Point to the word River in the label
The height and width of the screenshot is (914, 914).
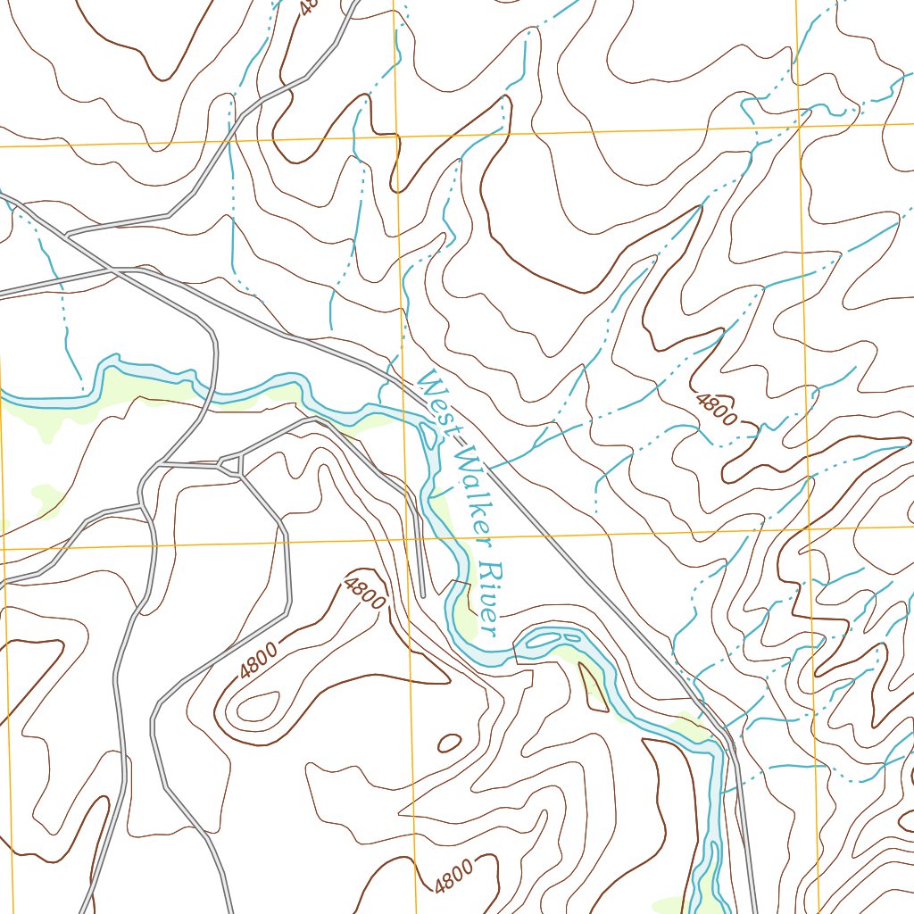[x=489, y=599]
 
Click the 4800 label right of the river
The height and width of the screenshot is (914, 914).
[x=718, y=410]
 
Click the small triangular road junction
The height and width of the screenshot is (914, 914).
[x=230, y=464]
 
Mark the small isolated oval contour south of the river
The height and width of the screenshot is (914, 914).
[x=448, y=742]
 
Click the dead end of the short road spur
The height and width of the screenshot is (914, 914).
[x=422, y=595]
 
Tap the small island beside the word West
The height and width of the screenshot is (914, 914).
[x=429, y=435]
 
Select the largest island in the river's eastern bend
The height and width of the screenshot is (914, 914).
[x=544, y=638]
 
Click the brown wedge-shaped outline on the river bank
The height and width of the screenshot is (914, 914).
[x=592, y=686]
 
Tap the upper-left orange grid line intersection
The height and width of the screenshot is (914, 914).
[x=396, y=137]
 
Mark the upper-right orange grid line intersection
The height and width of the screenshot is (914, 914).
[x=800, y=125]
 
